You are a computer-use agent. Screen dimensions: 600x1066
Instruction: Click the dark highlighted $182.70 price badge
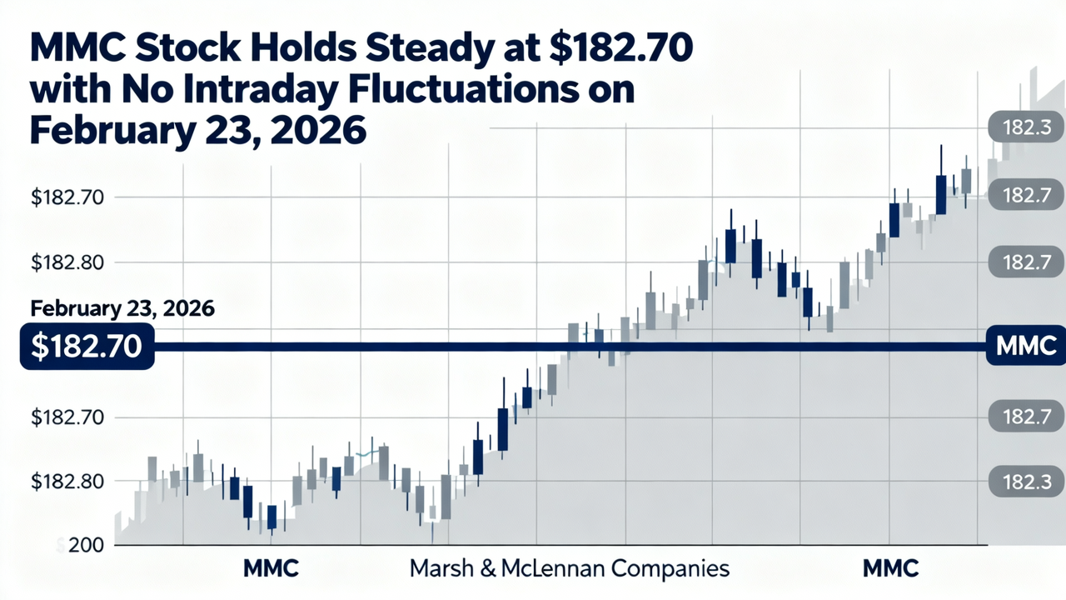tap(86, 347)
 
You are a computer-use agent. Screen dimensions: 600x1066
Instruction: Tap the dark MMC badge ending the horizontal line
tap(1025, 346)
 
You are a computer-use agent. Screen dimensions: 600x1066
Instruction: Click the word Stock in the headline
tap(185, 49)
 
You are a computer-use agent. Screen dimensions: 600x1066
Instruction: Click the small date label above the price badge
tap(122, 307)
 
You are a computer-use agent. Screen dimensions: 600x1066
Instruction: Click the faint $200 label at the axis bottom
tap(80, 546)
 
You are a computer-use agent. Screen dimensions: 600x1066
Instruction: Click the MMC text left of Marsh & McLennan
tap(271, 569)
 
